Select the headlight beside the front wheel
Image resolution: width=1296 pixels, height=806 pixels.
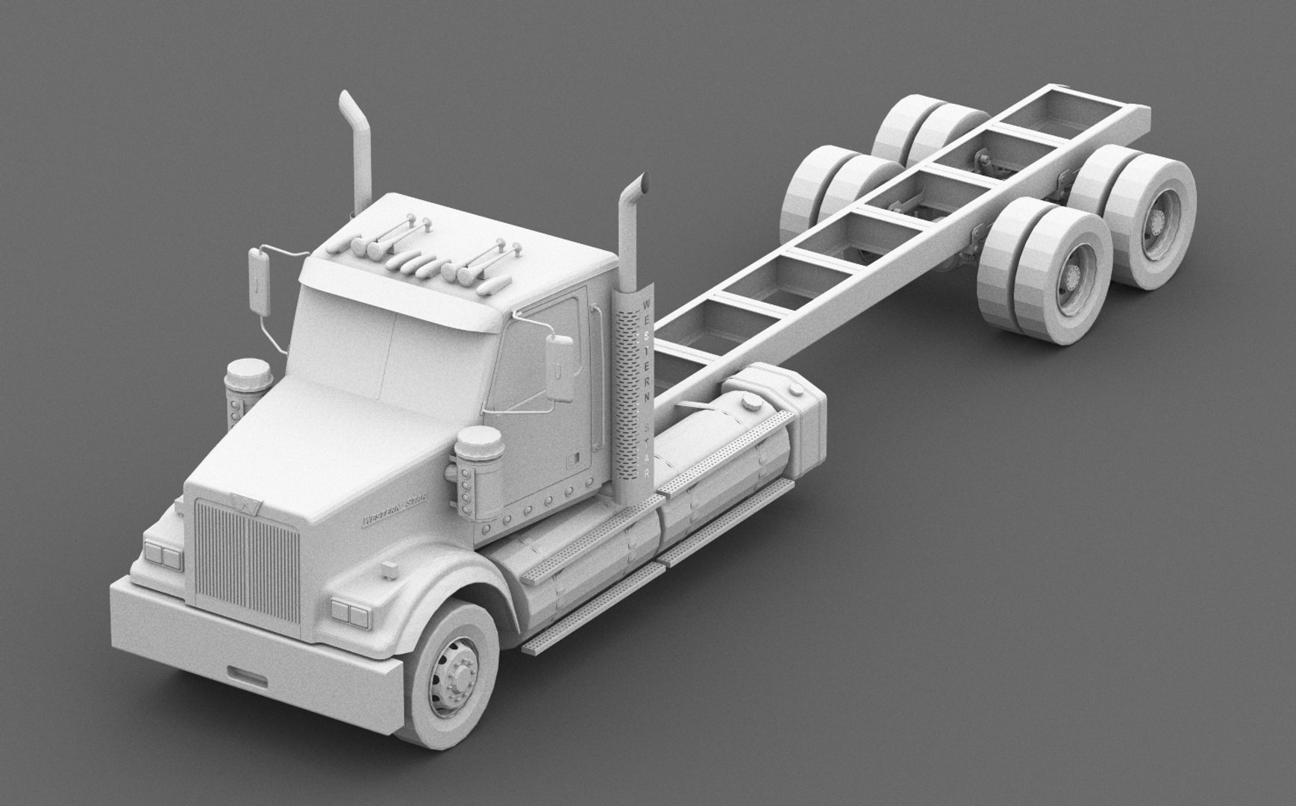[x=349, y=612]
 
